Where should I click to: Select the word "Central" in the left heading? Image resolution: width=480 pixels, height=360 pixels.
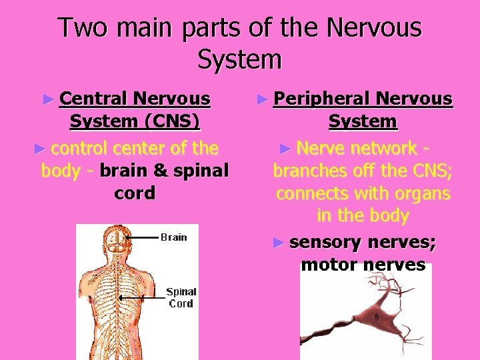(94, 99)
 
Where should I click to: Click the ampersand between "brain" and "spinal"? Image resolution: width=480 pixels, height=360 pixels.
(161, 171)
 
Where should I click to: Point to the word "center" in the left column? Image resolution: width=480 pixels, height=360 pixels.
(143, 147)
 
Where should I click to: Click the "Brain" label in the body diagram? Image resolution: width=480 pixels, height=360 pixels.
(173, 237)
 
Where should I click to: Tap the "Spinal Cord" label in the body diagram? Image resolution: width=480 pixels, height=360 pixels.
(181, 297)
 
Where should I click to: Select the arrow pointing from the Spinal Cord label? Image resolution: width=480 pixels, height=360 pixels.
(143, 297)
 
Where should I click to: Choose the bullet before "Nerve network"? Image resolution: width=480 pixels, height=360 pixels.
(285, 148)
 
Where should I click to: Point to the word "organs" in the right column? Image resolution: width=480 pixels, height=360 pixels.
(419, 194)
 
